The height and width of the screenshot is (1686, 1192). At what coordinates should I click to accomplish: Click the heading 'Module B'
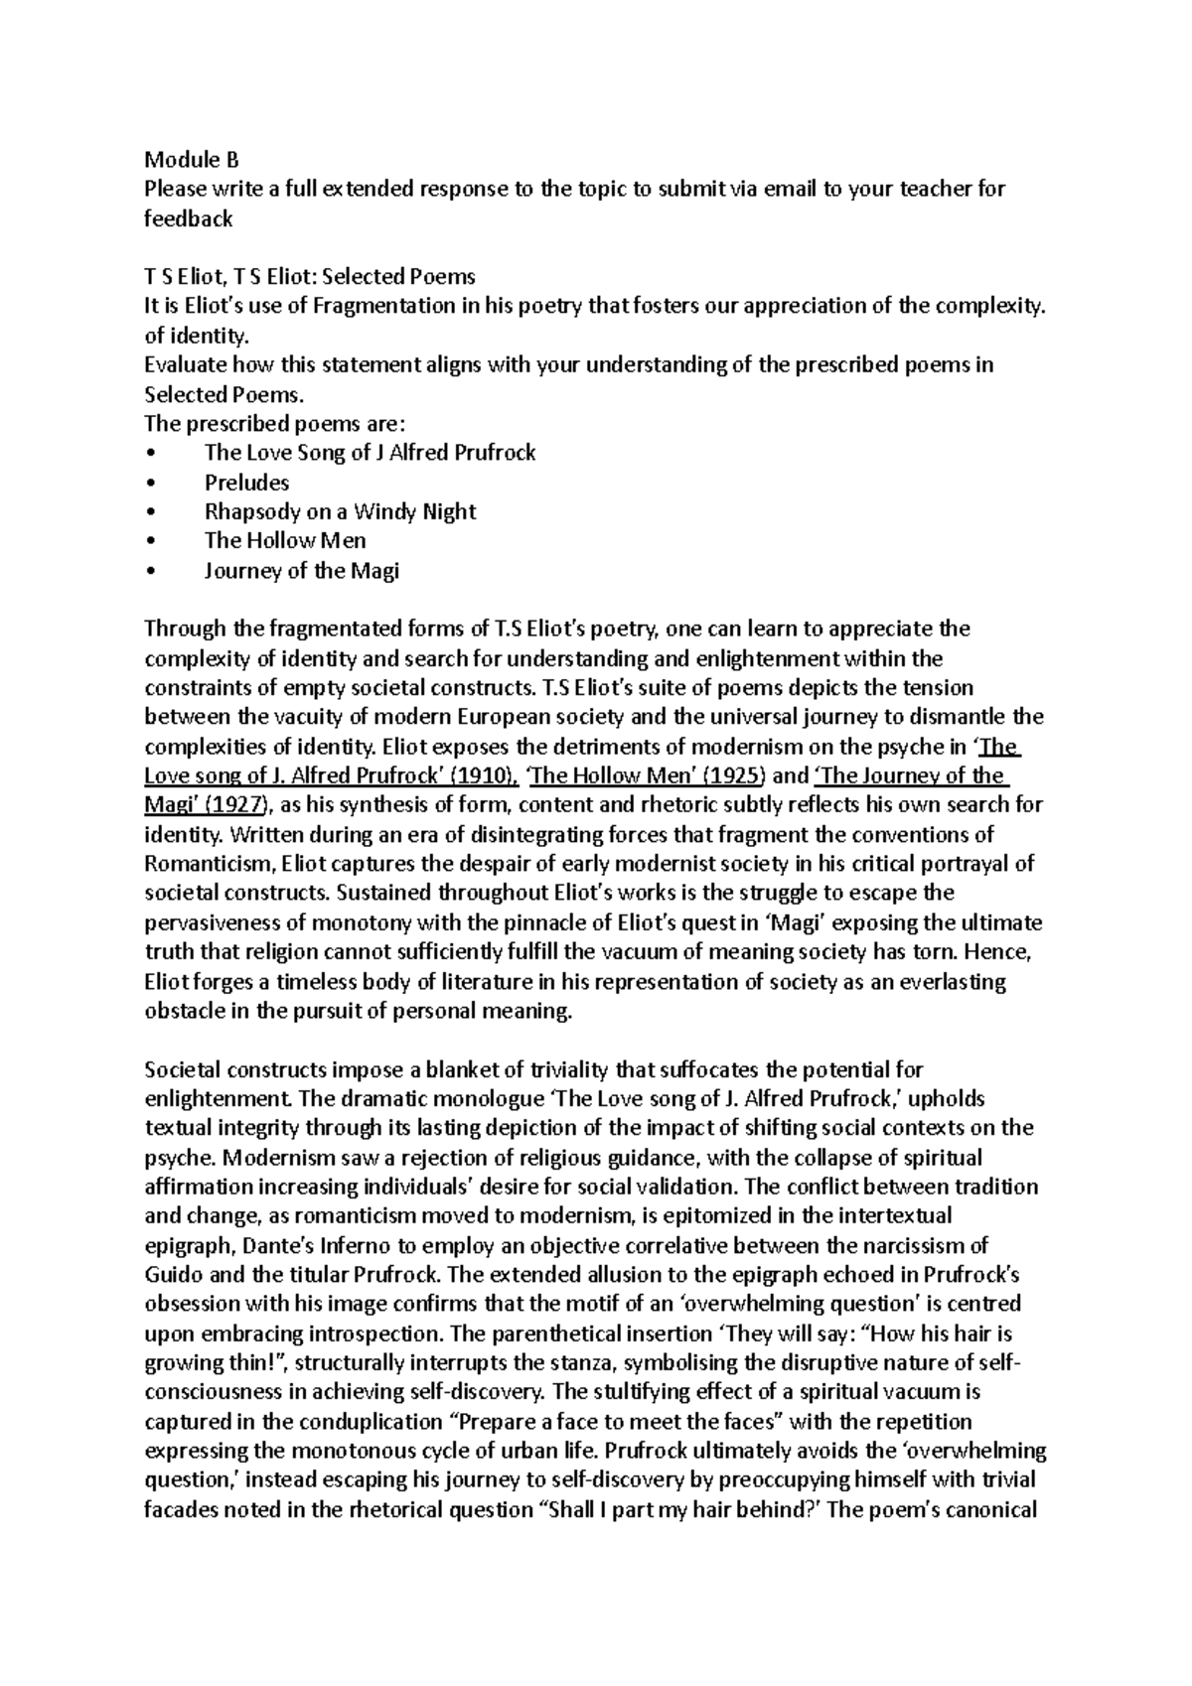192,160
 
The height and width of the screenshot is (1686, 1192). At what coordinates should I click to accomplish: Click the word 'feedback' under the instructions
188,218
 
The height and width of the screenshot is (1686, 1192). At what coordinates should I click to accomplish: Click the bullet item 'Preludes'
246,483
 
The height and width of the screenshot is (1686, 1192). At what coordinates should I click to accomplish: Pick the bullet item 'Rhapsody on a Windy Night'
340,511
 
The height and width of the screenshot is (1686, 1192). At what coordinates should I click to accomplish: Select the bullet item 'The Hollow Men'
285,541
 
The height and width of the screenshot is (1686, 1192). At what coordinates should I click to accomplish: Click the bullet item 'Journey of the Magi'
301,570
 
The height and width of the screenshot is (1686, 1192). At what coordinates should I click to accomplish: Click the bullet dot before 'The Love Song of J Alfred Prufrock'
150,454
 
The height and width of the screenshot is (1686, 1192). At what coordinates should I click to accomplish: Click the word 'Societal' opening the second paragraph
182,1069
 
